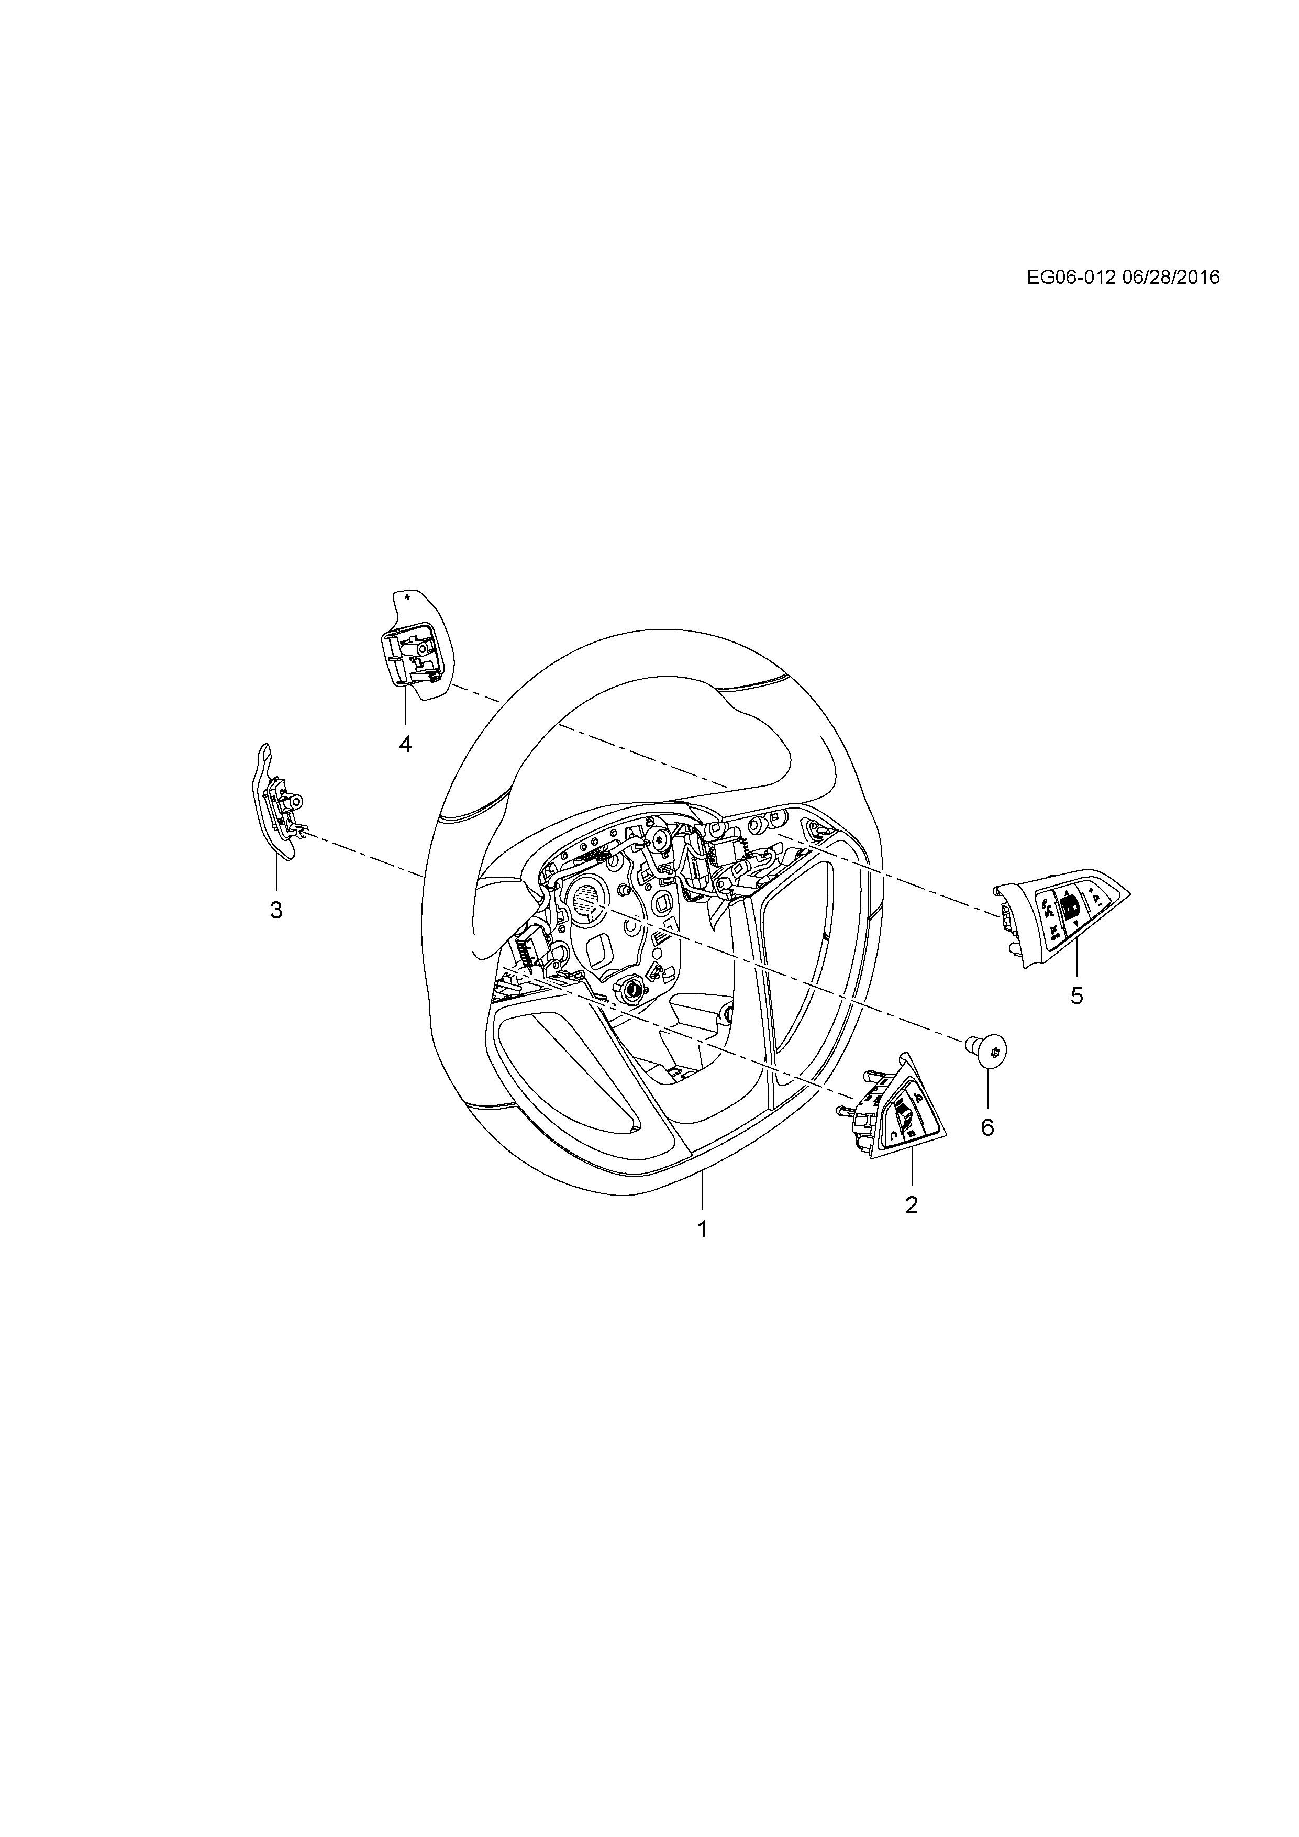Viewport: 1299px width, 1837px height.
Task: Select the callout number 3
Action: (x=276, y=910)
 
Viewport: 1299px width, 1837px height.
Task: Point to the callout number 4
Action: (x=406, y=744)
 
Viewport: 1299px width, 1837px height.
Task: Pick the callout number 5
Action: (x=1076, y=996)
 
